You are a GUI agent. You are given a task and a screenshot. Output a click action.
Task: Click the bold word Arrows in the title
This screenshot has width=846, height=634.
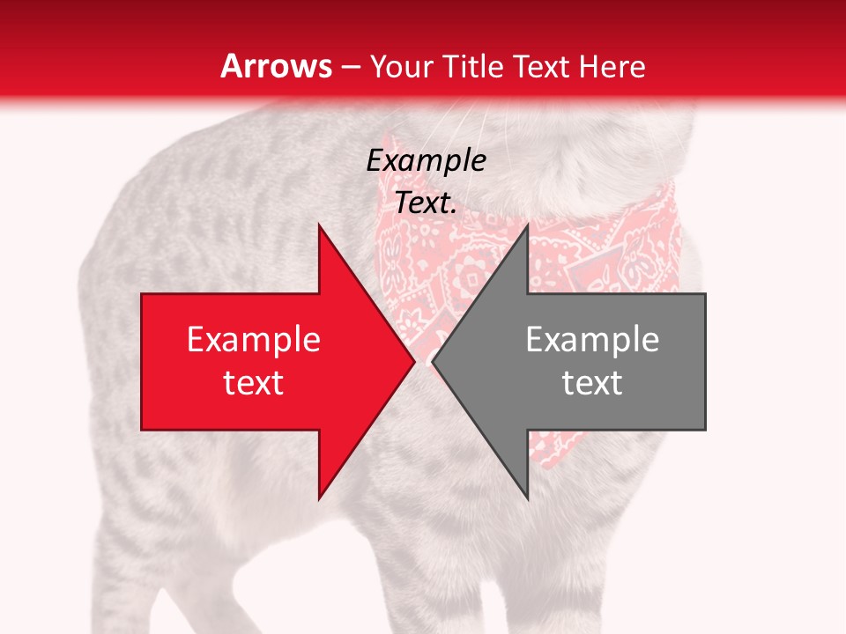point(277,66)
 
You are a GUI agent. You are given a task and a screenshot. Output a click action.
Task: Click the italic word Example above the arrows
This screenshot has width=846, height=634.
point(426,161)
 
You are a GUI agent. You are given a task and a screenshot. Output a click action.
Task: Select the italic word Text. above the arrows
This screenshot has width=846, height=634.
point(426,203)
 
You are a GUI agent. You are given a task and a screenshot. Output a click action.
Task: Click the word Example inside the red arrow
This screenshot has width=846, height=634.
point(254,339)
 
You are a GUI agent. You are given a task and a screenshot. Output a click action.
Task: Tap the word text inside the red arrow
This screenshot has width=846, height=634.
point(254,382)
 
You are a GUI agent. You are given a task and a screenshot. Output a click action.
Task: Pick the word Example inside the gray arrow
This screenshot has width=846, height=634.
point(592,339)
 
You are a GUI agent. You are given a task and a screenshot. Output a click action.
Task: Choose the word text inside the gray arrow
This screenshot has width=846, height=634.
point(592,382)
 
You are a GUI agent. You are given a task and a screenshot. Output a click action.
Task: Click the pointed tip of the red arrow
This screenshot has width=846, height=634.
point(413,362)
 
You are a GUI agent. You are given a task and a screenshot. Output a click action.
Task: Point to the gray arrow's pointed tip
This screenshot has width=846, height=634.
point(434,362)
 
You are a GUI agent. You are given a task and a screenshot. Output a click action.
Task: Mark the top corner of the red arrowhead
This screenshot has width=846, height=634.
point(319,225)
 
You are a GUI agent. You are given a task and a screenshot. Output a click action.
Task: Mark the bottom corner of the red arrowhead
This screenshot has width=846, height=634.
point(319,498)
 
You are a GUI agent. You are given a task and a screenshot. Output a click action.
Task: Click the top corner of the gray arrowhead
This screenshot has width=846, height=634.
point(528,225)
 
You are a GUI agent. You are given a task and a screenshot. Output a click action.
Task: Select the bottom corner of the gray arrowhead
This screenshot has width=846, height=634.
point(528,498)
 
